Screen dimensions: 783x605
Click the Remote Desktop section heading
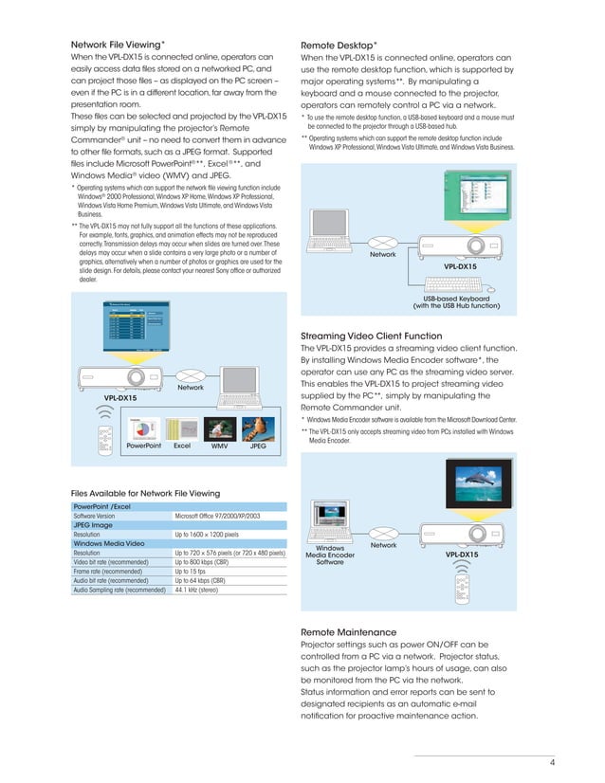click(339, 45)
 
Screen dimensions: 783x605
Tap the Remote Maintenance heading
click(348, 631)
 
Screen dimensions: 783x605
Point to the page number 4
click(551, 764)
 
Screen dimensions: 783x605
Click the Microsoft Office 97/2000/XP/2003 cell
click(220, 516)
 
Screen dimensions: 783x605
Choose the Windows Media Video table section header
click(109, 543)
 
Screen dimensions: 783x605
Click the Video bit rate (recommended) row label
click(110, 561)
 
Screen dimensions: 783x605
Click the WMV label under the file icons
click(220, 445)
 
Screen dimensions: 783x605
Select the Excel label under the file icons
click(183, 445)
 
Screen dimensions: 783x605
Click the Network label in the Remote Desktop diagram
click(383, 255)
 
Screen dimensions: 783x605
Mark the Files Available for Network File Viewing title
click(145, 493)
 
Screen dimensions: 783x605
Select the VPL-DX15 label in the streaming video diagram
click(461, 554)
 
